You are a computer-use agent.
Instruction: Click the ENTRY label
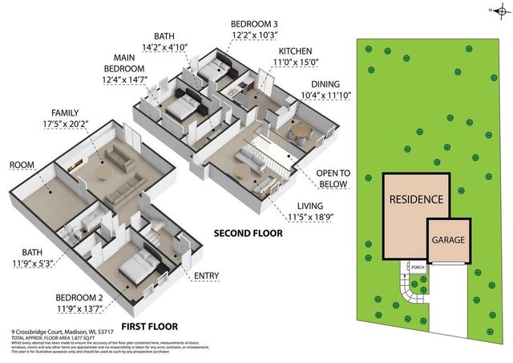pos(206,276)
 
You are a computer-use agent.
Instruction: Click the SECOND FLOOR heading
pos(248,234)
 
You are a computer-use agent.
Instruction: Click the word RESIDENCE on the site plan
pos(416,198)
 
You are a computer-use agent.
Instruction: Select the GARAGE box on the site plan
pos(448,240)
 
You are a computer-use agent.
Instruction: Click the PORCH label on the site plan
pos(416,267)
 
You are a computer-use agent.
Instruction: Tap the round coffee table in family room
pos(105,170)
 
